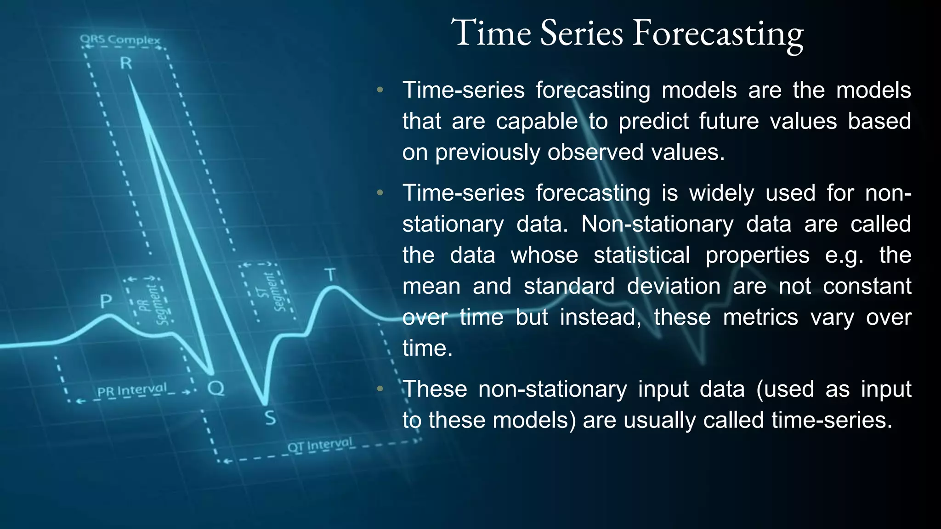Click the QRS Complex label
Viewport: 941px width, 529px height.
click(x=120, y=39)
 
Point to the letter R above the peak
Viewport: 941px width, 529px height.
click(x=126, y=63)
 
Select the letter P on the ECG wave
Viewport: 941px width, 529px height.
click(x=106, y=302)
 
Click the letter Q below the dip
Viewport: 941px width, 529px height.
click(x=215, y=388)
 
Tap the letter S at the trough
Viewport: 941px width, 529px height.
click(x=270, y=418)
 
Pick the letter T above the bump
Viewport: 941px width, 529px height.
click(x=330, y=275)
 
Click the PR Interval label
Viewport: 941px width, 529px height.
click(x=132, y=390)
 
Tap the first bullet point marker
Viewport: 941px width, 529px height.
click(x=380, y=90)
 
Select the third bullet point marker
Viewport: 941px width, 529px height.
click(x=380, y=389)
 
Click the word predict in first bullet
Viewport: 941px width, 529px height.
click(x=653, y=122)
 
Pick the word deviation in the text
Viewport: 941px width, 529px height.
click(x=674, y=287)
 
